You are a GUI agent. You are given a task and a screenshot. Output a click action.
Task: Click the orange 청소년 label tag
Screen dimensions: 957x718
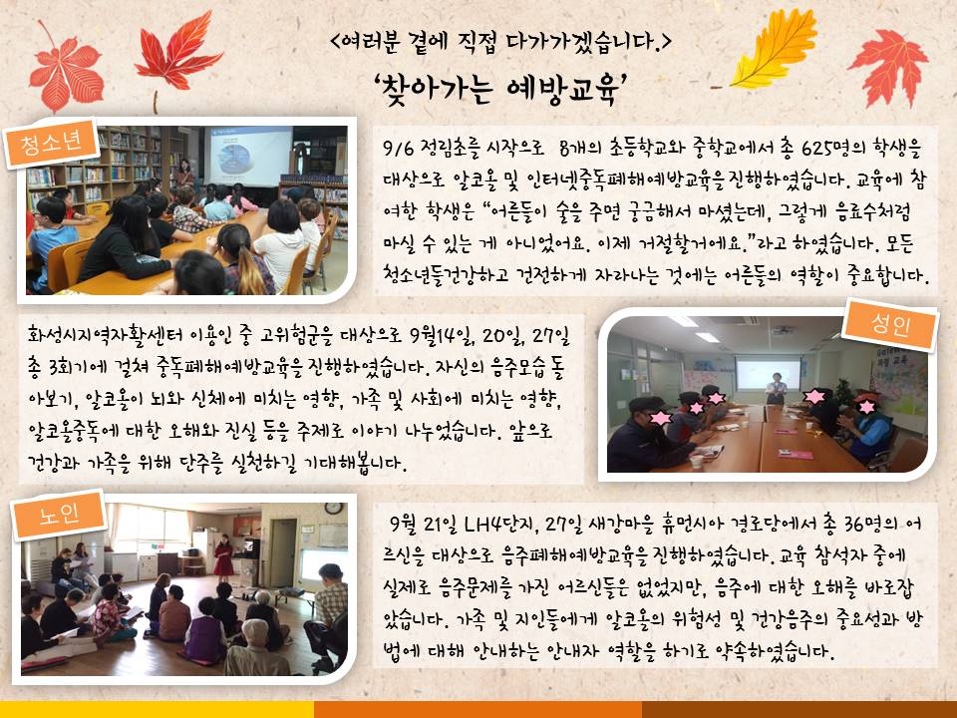(51, 143)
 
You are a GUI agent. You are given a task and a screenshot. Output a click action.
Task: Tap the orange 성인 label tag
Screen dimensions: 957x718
(890, 325)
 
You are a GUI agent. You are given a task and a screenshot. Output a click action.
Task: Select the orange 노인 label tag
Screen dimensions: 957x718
(59, 515)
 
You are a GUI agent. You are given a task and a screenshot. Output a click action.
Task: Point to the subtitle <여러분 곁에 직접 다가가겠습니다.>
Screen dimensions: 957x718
(499, 41)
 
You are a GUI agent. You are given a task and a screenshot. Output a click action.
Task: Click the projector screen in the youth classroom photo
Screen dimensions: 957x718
(249, 157)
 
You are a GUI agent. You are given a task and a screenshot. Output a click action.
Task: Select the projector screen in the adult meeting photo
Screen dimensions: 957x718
(768, 373)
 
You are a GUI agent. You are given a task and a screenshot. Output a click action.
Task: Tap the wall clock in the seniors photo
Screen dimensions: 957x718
(333, 508)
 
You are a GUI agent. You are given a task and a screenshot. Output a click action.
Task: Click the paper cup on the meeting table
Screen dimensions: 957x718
(696, 461)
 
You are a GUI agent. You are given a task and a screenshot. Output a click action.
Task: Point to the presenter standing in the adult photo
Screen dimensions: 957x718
(776, 389)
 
